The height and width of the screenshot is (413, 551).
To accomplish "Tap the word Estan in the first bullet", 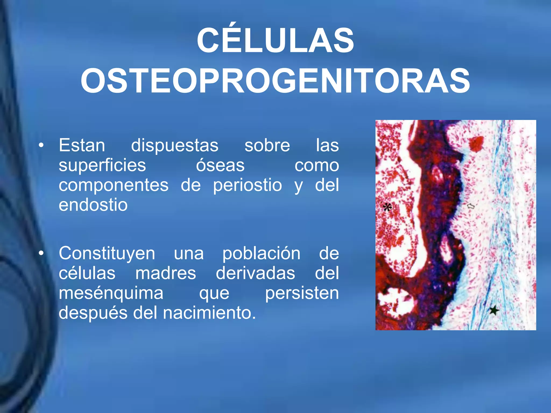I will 82,145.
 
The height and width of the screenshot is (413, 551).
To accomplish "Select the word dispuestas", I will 175,145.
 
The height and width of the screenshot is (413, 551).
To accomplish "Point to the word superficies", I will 102,165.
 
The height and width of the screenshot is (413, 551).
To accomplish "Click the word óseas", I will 220,165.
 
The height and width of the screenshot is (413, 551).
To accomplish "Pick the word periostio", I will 247,185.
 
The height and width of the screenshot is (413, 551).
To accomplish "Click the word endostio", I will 93,205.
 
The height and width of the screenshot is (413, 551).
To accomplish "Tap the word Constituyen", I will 107,253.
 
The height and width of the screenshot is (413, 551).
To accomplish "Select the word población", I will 261,253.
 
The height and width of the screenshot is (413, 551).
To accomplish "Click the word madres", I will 165,273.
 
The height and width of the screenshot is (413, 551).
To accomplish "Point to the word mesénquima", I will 111,293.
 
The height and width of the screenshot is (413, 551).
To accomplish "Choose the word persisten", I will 302,293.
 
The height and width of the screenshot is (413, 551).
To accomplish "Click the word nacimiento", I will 209,313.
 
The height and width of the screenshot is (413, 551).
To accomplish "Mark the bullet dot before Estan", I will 41,145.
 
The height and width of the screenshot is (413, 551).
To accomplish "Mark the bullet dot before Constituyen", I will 41,253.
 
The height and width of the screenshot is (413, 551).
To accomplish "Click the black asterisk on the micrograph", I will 387,207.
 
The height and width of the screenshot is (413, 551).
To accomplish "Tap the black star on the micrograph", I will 494,311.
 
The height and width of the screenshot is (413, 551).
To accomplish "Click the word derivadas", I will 255,273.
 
